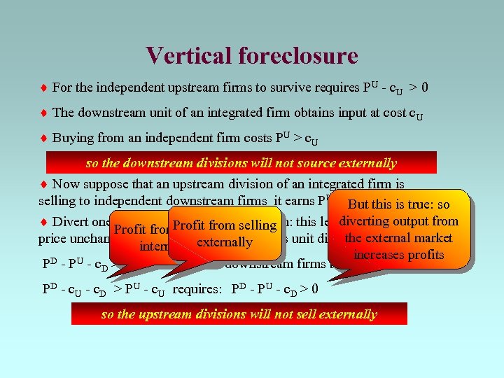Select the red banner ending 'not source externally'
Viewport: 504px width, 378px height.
[x=241, y=163]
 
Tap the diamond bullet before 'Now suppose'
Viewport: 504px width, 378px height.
[x=44, y=185]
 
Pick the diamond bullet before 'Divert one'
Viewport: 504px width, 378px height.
[x=44, y=222]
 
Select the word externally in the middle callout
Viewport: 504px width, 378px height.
[x=224, y=242]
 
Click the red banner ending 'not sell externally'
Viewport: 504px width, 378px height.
[x=239, y=314]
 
